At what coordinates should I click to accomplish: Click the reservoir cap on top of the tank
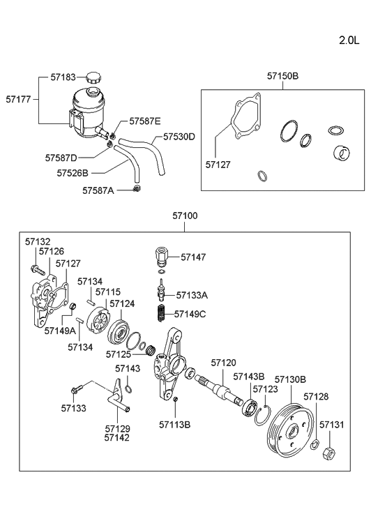pyautogui.click(x=93, y=78)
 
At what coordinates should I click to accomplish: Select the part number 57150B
pyautogui.click(x=282, y=75)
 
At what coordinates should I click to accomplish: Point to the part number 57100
pyautogui.click(x=185, y=216)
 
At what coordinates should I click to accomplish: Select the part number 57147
pyautogui.click(x=195, y=257)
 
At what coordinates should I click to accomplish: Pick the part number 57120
pyautogui.click(x=224, y=363)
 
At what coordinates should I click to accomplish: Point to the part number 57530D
pyautogui.click(x=179, y=137)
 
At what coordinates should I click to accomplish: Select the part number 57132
pyautogui.click(x=38, y=241)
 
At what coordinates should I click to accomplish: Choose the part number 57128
pyautogui.click(x=316, y=396)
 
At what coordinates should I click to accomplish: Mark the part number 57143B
pyautogui.click(x=248, y=377)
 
